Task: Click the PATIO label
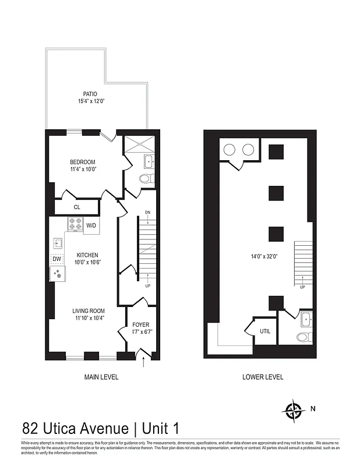point(90,94)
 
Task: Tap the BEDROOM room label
point(83,162)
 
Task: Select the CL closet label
point(77,207)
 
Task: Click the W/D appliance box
point(91,225)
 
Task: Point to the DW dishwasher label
point(57,259)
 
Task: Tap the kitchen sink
point(58,243)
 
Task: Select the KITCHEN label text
point(86,255)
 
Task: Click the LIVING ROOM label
point(89,310)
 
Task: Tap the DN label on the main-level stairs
point(147,213)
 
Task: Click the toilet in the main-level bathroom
point(146,178)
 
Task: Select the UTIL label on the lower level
point(265,331)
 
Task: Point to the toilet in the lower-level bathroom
point(303,337)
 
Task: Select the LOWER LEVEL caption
point(263,377)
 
